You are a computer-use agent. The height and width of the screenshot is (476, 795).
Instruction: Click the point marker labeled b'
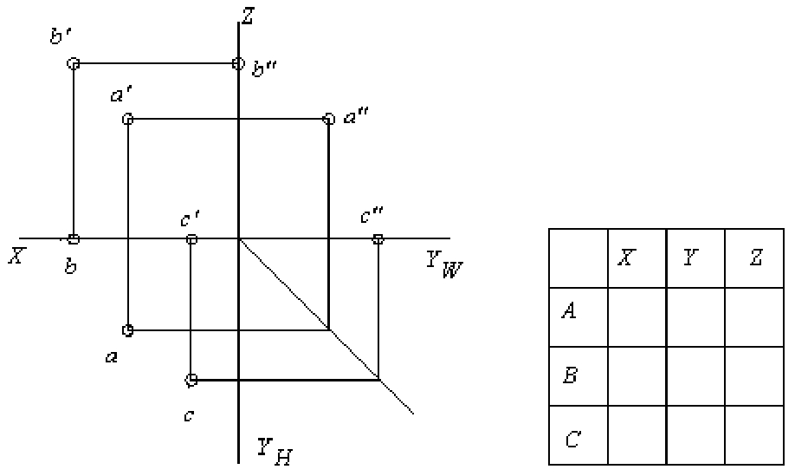(x=74, y=63)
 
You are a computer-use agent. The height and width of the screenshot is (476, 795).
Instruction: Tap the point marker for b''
(x=238, y=63)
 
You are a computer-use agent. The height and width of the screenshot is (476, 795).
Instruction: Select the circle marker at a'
(x=128, y=120)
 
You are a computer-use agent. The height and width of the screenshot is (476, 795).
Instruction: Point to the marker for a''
(x=329, y=120)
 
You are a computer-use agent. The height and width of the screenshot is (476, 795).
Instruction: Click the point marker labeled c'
(x=191, y=239)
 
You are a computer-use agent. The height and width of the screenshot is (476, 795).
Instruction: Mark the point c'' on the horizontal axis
(x=378, y=239)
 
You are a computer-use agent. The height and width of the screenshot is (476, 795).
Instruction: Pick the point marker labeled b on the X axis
(x=74, y=239)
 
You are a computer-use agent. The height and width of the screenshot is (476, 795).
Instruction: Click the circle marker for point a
(x=128, y=330)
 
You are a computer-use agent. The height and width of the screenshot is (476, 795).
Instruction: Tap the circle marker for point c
(x=191, y=380)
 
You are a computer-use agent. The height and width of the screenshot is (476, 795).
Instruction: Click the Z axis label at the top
(x=248, y=16)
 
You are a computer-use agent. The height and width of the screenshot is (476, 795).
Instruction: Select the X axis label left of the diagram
(x=16, y=256)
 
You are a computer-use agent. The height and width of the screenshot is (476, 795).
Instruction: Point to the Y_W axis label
(x=443, y=264)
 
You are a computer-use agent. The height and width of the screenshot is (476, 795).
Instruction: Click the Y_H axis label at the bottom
(x=275, y=451)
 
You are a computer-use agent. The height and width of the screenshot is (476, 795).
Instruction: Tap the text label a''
(x=356, y=117)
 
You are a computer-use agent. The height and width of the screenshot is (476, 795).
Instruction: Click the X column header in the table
(x=627, y=258)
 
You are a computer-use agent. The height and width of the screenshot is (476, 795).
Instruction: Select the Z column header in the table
(x=755, y=258)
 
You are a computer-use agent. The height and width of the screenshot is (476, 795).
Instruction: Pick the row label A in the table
(x=569, y=310)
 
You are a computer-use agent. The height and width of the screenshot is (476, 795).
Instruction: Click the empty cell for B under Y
(x=695, y=376)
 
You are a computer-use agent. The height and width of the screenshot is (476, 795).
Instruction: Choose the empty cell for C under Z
(x=754, y=435)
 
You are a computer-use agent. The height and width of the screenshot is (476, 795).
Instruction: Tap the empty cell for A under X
(x=637, y=317)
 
